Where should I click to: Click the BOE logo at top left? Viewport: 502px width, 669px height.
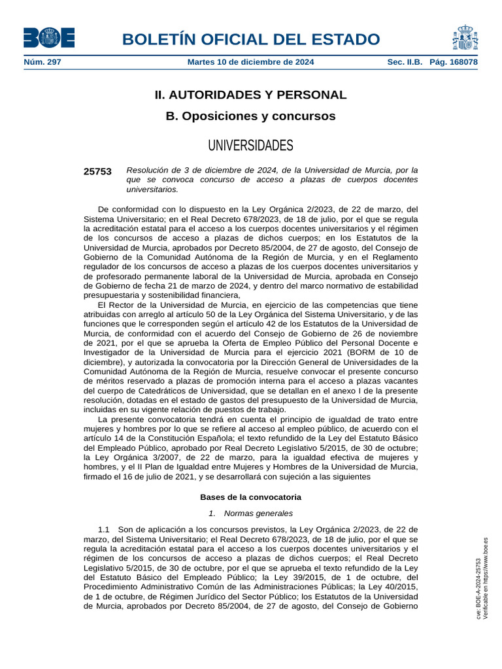pyautogui.click(x=48, y=38)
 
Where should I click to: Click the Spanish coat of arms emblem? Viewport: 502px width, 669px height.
pyautogui.click(x=465, y=37)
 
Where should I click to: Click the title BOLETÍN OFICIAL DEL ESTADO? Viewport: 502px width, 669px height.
pyautogui.click(x=250, y=39)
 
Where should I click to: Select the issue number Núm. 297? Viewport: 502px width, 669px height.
pyautogui.click(x=42, y=62)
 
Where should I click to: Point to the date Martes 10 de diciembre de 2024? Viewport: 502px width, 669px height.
pyautogui.click(x=250, y=62)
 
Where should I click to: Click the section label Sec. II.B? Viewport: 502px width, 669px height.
pyautogui.click(x=405, y=62)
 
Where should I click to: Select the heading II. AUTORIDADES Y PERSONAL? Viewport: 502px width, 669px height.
pyautogui.click(x=250, y=95)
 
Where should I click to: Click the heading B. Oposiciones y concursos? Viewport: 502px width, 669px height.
pyautogui.click(x=250, y=116)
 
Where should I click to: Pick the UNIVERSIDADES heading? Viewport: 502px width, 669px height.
pyautogui.click(x=250, y=145)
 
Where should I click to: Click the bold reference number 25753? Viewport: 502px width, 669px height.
pyautogui.click(x=97, y=172)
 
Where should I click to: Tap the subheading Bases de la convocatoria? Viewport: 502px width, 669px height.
pyautogui.click(x=250, y=497)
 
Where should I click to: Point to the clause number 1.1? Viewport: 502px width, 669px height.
pyautogui.click(x=104, y=530)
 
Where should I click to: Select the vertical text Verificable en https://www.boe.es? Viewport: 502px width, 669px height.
pyautogui.click(x=486, y=579)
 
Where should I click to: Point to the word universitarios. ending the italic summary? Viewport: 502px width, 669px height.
pyautogui.click(x=152, y=189)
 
